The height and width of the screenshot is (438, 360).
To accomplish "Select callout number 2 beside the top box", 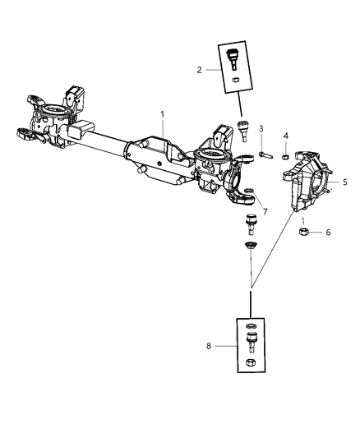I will click(x=199, y=71).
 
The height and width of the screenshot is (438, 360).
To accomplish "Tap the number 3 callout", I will click(x=260, y=128).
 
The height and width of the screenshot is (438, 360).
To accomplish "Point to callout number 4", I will click(x=286, y=136).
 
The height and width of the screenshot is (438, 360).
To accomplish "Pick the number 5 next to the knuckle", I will click(x=345, y=182).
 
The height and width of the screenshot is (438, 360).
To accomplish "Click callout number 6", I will click(x=329, y=233).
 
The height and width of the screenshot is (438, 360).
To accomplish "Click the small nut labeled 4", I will click(x=284, y=155).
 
